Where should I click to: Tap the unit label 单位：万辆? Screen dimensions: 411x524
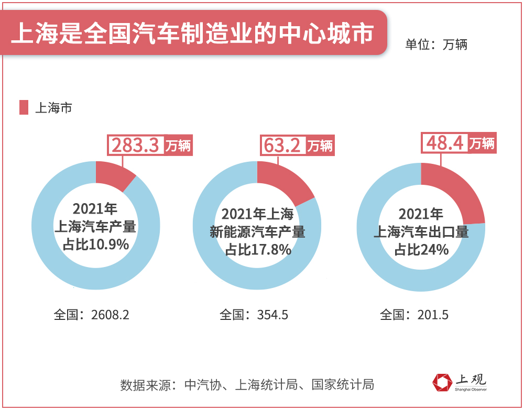[x=435, y=45]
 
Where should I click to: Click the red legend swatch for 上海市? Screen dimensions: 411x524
[x=24, y=107]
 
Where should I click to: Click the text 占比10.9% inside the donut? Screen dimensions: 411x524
[x=95, y=244]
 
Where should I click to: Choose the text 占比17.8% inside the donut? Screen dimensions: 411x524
[x=258, y=250]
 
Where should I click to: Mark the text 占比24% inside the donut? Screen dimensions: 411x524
[x=421, y=250]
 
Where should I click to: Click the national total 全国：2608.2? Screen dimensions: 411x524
[x=91, y=315]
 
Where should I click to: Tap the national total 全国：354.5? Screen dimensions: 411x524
[x=254, y=315]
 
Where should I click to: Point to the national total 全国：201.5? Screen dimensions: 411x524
[x=414, y=315]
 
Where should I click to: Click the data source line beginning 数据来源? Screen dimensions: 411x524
[x=247, y=385]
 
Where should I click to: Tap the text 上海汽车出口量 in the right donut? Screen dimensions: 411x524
[x=421, y=232]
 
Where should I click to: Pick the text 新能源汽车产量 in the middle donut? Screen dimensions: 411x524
[x=257, y=231]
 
